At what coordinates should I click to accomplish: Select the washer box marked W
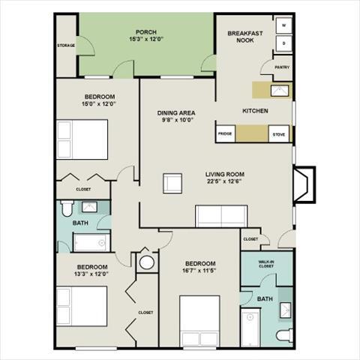click(284, 25)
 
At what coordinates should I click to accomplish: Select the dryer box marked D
click(284, 43)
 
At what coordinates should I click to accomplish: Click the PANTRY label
click(282, 67)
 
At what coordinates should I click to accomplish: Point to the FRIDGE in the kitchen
click(225, 135)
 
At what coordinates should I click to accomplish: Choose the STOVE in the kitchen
click(278, 135)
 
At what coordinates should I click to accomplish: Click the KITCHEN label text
click(255, 111)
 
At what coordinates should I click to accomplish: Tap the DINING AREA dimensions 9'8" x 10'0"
click(176, 121)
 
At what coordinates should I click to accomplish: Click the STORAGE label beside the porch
click(66, 46)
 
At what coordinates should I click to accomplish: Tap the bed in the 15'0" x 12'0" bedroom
click(83, 139)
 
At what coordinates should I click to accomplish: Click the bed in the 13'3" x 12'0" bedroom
click(83, 308)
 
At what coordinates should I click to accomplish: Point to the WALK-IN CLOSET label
click(266, 263)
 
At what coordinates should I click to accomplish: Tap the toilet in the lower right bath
click(283, 334)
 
